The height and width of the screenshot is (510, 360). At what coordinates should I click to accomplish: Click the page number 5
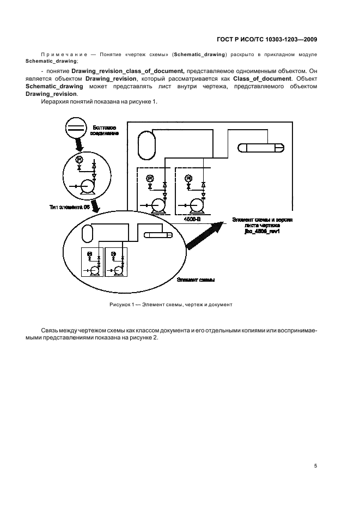coord(316,466)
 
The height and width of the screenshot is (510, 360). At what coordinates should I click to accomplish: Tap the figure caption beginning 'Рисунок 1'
coord(170,305)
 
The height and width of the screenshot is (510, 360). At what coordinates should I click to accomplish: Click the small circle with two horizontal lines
coord(76,129)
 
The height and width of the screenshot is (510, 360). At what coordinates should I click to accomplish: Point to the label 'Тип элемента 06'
coord(68,207)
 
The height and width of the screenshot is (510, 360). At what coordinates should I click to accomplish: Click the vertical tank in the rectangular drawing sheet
coord(146,143)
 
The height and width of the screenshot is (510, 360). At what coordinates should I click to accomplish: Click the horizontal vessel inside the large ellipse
coord(157,235)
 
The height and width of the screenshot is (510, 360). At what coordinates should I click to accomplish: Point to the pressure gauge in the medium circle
coord(79,159)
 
